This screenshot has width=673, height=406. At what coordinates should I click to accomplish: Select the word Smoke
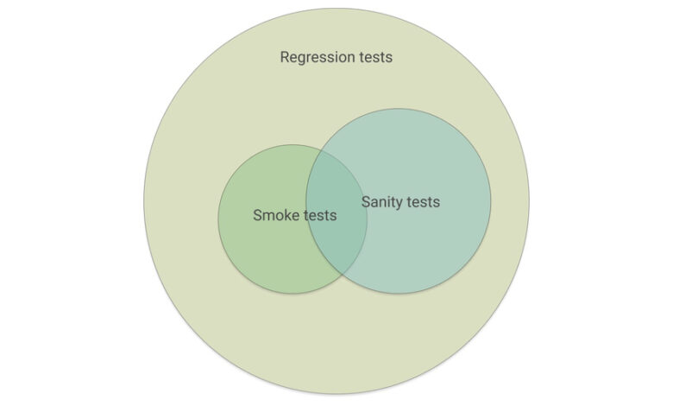pyautogui.click(x=275, y=215)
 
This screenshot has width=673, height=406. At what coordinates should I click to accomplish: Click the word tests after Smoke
pyautogui.click(x=319, y=215)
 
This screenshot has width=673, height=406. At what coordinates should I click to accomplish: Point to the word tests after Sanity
pyautogui.click(x=423, y=202)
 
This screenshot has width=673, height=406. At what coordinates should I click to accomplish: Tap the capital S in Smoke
pyautogui.click(x=257, y=215)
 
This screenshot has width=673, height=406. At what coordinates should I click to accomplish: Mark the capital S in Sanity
pyautogui.click(x=366, y=202)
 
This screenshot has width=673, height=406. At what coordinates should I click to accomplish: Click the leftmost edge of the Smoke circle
pyautogui.click(x=218, y=219)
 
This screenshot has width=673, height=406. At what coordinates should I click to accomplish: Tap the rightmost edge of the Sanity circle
pyautogui.click(x=491, y=200)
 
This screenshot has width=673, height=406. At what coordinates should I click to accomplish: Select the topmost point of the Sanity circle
pyautogui.click(x=399, y=108)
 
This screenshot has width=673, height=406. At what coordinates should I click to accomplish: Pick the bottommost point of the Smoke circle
pyautogui.click(x=292, y=294)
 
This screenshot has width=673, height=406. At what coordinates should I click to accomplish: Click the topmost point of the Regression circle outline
pyautogui.click(x=336, y=9)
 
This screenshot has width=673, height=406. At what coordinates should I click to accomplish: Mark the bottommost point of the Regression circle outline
pyautogui.click(x=336, y=395)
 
